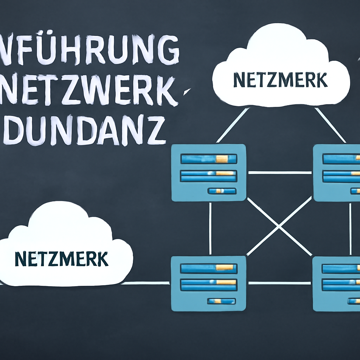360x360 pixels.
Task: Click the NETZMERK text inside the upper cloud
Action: tap(280, 81)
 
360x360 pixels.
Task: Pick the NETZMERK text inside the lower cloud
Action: tap(62, 259)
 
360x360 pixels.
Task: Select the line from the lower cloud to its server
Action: tap(148, 283)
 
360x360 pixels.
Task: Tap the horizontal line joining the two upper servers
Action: tap(279, 173)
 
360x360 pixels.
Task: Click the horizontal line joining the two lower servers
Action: tap(279, 283)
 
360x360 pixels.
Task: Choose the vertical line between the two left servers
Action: tap(210, 229)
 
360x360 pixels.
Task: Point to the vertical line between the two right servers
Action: tap(350, 229)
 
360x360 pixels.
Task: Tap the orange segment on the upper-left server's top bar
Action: tap(222, 159)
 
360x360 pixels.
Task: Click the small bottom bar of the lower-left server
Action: tap(221, 301)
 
